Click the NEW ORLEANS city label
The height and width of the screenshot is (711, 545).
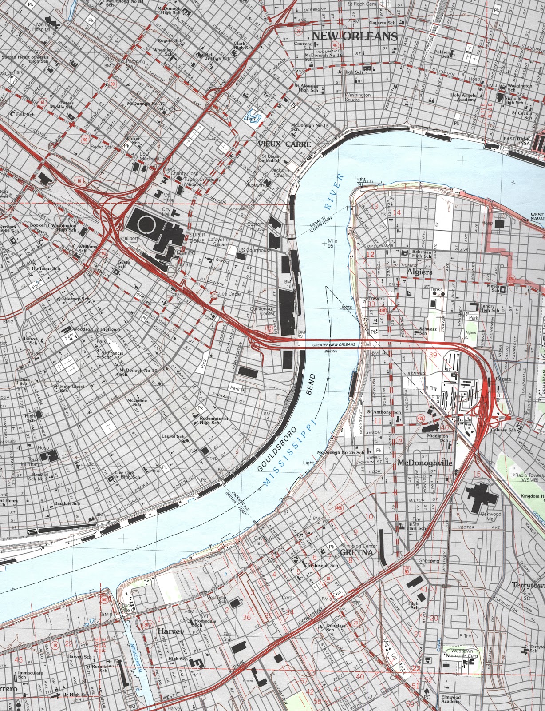(x=354, y=36)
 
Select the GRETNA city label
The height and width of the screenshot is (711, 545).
(x=356, y=552)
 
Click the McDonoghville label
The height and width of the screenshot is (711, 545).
(x=425, y=463)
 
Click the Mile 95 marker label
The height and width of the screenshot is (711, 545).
(x=330, y=243)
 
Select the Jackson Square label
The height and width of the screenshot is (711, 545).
(x=280, y=173)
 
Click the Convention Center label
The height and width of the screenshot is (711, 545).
(x=262, y=311)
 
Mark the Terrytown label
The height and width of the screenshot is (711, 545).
(x=528, y=585)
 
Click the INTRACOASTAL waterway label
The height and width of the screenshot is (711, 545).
(x=136, y=662)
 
